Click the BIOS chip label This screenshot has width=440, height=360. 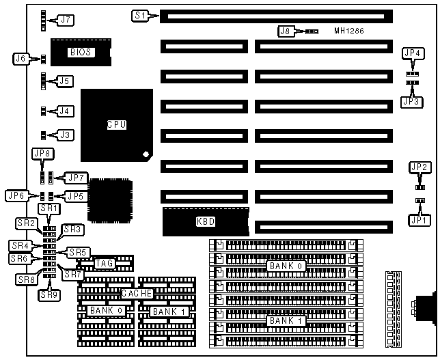81,52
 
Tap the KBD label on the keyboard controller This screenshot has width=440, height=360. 205,222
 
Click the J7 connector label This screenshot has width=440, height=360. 66,20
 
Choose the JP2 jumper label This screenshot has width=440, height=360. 419,167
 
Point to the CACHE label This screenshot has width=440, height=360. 136,293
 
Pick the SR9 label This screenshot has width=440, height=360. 48,295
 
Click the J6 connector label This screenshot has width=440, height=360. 22,59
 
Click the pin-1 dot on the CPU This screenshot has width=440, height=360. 146,154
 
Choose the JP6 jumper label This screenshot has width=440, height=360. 16,195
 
